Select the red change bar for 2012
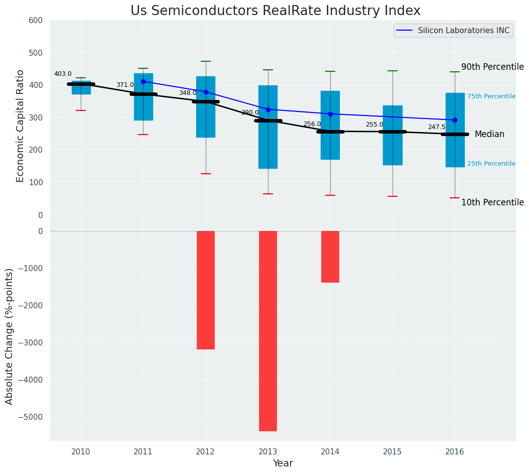click(205, 290)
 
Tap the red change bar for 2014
click(330, 257)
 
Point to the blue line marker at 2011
click(143, 81)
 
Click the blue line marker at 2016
click(455, 120)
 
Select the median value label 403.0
click(63, 74)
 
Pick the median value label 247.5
click(437, 128)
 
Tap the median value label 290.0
click(250, 112)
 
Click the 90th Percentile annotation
click(492, 67)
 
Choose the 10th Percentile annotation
click(492, 202)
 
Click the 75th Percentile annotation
click(491, 96)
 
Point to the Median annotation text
click(489, 134)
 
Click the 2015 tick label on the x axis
click(392, 452)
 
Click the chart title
click(276, 11)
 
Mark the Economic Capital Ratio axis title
click(21, 126)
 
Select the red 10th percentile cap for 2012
click(205, 174)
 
